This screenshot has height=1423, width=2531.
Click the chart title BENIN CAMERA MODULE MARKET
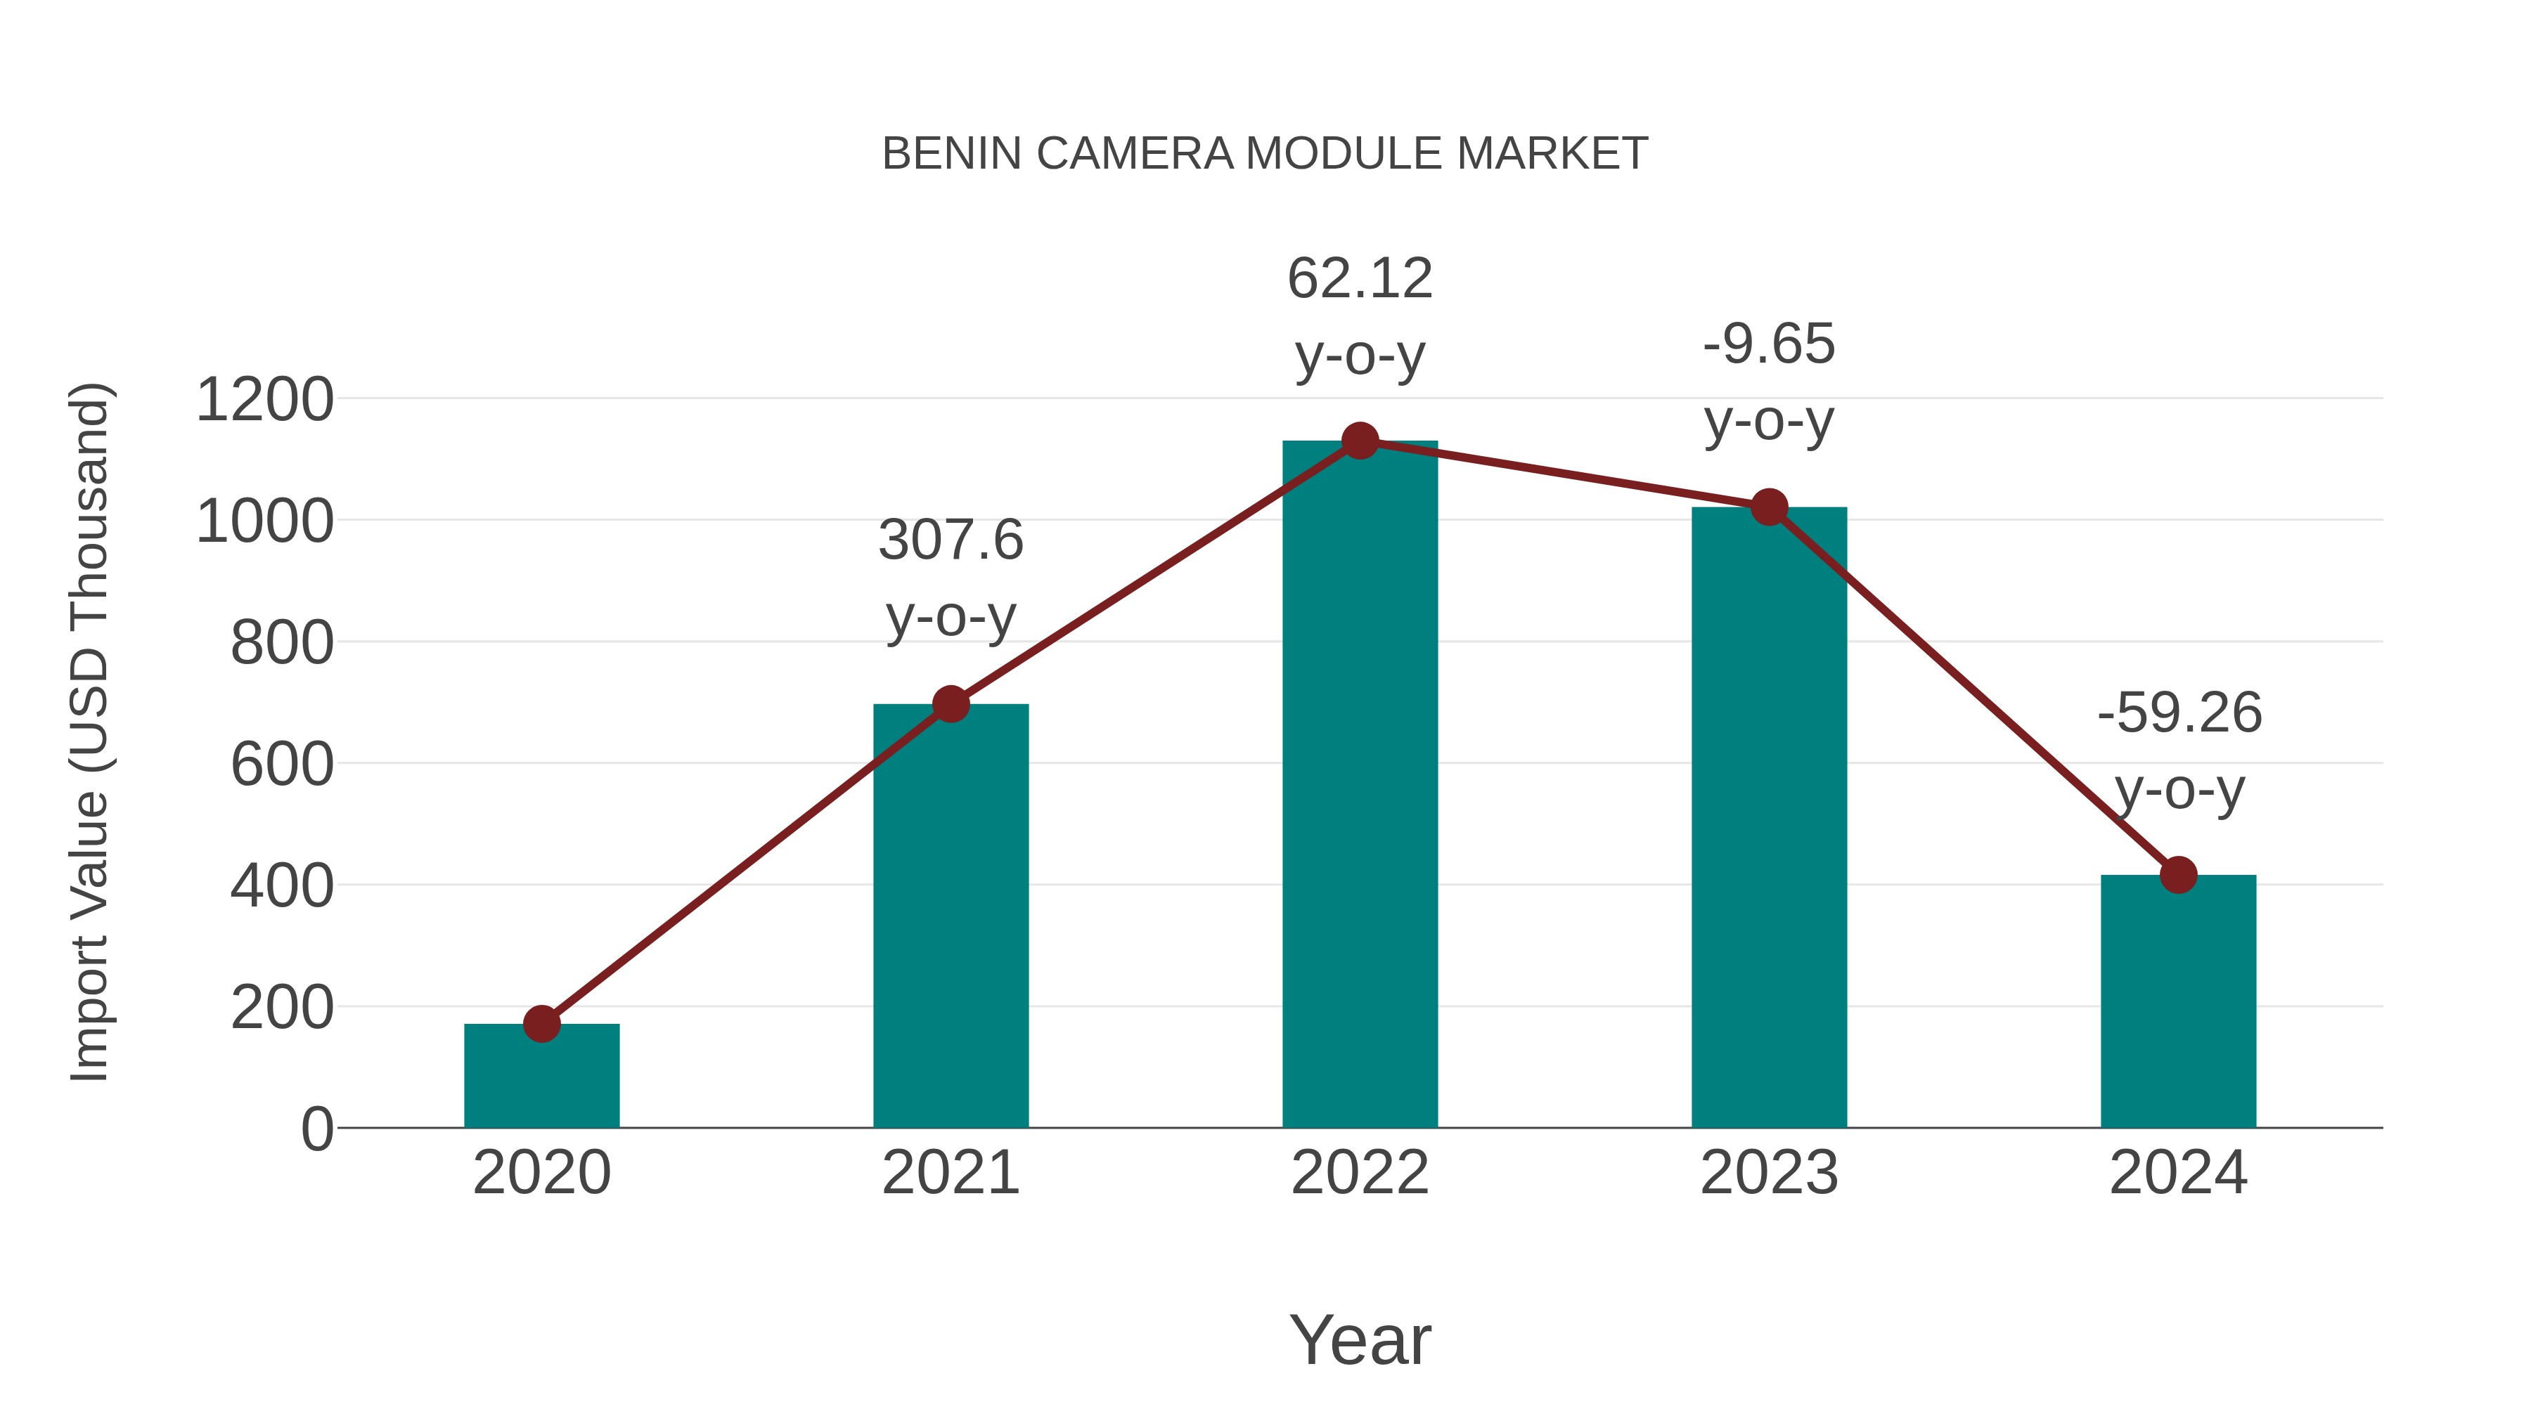tap(1265, 154)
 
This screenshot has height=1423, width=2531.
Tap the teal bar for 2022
tap(1360, 786)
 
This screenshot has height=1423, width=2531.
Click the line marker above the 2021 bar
tap(950, 704)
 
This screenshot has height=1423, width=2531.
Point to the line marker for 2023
tap(1769, 508)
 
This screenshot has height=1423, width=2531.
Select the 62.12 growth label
tap(1360, 279)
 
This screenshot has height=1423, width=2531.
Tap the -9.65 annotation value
tap(1769, 345)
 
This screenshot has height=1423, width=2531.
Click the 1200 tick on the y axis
tap(264, 401)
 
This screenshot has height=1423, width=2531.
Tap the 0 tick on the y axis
tap(317, 1129)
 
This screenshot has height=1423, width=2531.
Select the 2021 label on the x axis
tap(950, 1173)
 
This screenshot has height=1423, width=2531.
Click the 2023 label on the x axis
tap(1769, 1173)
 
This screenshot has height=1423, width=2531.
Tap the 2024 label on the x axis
tap(2178, 1173)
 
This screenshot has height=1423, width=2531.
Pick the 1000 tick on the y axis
tap(264, 521)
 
